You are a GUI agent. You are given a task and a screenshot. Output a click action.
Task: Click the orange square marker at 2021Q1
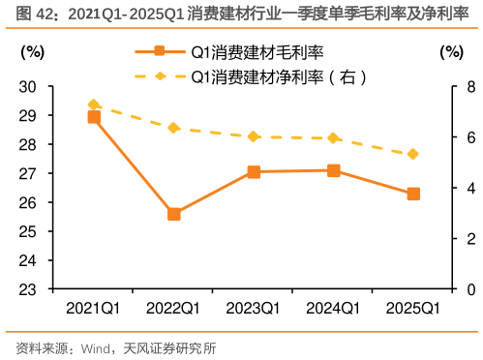pyautogui.click(x=94, y=117)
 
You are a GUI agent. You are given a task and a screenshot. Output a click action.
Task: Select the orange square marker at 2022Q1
pyautogui.click(x=174, y=214)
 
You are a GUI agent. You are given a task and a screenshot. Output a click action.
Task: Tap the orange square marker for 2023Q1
pyautogui.click(x=254, y=172)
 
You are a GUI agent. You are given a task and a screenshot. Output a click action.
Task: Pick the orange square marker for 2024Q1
pyautogui.click(x=334, y=170)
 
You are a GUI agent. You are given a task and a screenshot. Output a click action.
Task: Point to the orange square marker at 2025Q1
pyautogui.click(x=413, y=194)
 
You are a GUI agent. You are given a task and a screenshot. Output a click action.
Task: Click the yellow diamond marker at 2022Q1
pyautogui.click(x=174, y=128)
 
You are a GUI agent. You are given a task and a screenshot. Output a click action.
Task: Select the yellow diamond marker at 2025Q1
pyautogui.click(x=413, y=154)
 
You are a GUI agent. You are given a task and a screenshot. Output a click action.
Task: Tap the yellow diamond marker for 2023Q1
pyautogui.click(x=254, y=136)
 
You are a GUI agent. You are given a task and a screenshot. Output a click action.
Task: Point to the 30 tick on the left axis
pyautogui.click(x=27, y=86)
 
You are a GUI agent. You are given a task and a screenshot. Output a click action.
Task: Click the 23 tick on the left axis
pyautogui.click(x=27, y=289)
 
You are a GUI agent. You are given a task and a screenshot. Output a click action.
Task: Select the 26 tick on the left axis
pyautogui.click(x=27, y=202)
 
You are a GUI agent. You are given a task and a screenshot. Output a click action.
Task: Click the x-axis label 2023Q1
pyautogui.click(x=254, y=308)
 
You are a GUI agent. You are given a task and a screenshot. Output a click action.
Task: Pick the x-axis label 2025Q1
pyautogui.click(x=413, y=308)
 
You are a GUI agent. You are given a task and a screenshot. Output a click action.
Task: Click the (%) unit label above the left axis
pyautogui.click(x=32, y=51)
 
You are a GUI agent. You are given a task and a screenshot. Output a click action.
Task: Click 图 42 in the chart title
pyautogui.click(x=25, y=13)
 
